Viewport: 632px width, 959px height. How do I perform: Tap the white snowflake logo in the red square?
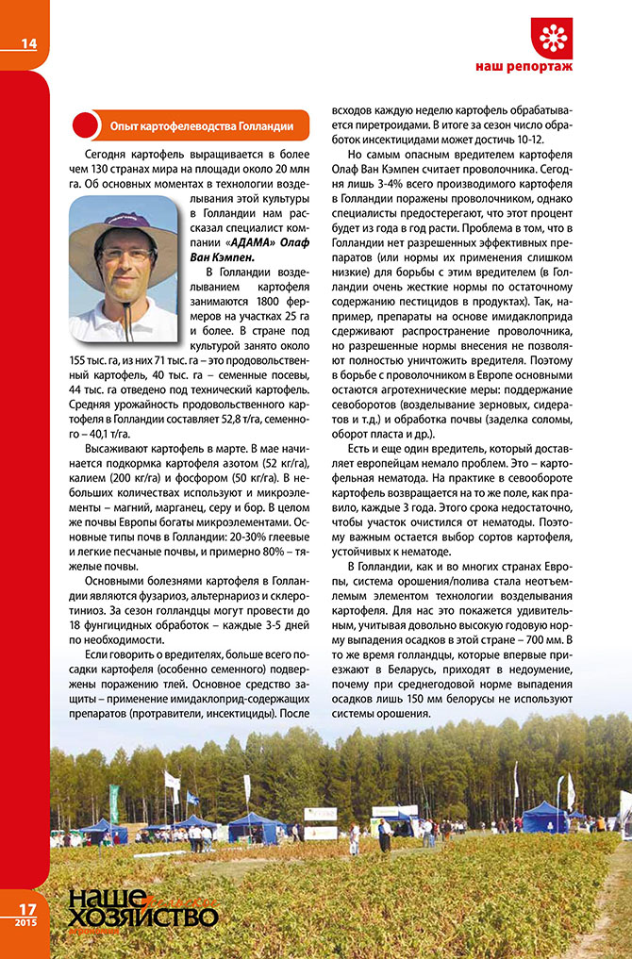click(552, 39)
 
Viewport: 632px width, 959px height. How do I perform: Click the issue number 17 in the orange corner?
click(25, 910)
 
